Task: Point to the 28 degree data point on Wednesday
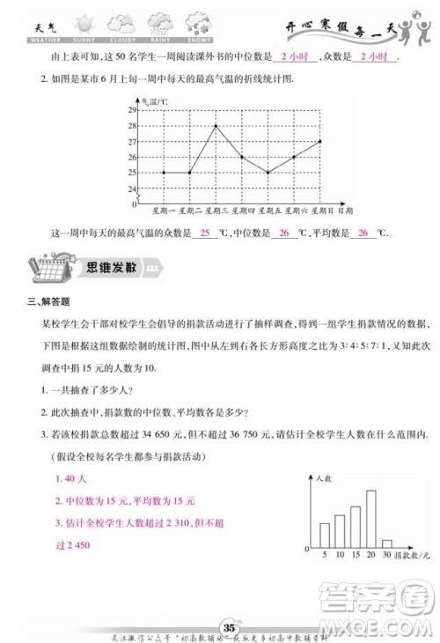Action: click(x=216, y=125)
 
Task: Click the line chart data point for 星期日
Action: click(x=320, y=141)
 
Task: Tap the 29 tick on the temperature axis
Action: click(x=133, y=109)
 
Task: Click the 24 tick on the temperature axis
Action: click(x=133, y=188)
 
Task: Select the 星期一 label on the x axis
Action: click(x=163, y=211)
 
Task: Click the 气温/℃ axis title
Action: click(x=154, y=102)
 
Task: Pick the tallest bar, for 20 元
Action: click(x=356, y=525)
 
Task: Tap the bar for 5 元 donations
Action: click(x=325, y=535)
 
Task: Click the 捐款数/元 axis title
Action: click(x=413, y=556)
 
